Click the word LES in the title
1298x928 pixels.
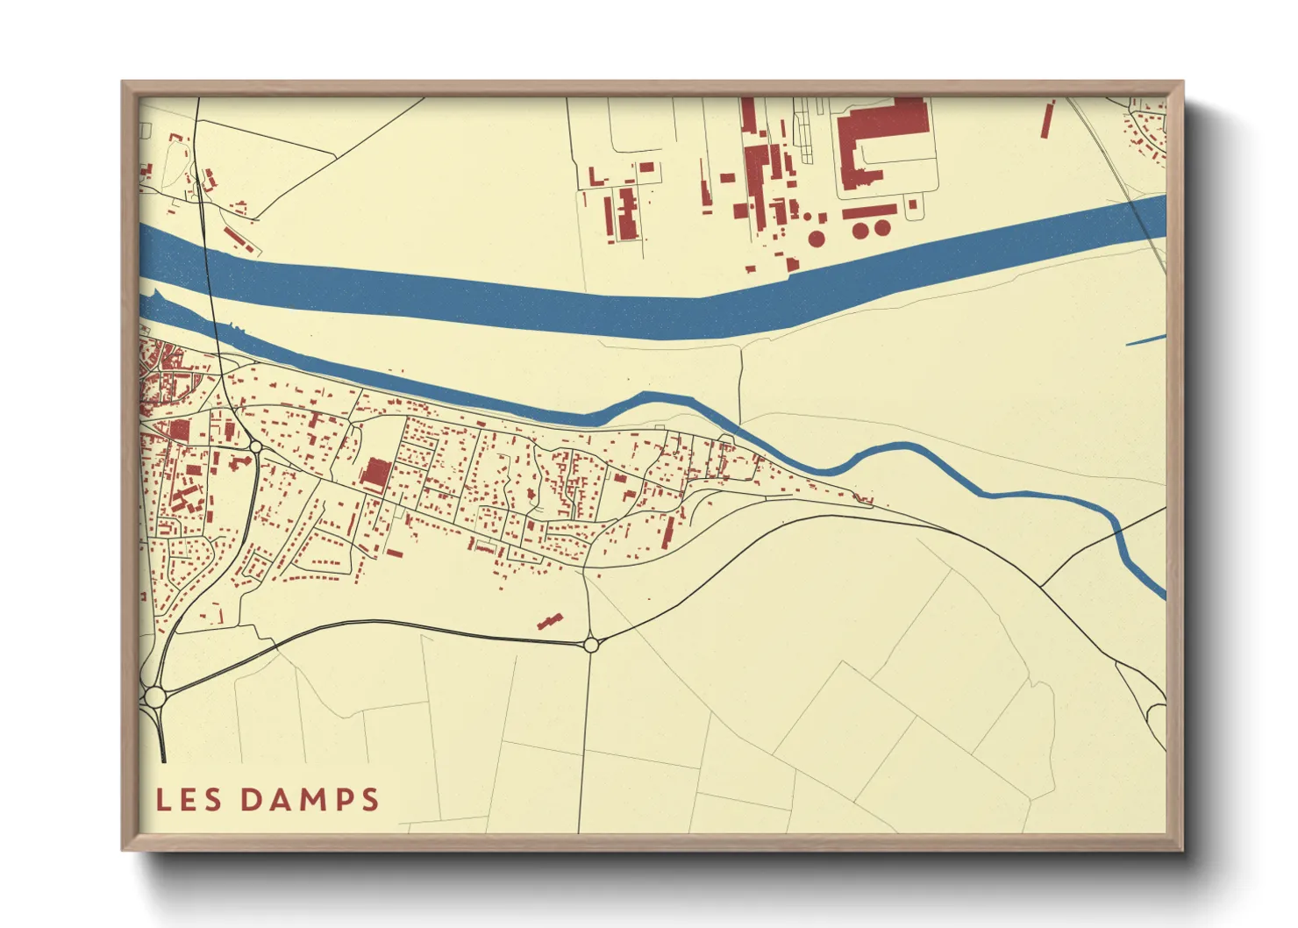(x=189, y=799)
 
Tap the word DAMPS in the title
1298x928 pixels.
(x=310, y=799)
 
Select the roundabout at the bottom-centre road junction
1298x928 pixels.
(x=591, y=645)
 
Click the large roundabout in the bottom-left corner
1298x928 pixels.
(x=156, y=697)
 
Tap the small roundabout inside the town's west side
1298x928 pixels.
(x=255, y=447)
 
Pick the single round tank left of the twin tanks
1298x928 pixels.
(x=817, y=238)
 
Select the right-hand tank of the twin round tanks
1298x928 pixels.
(x=881, y=228)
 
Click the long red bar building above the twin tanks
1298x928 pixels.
(x=869, y=212)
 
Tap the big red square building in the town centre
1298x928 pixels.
(x=376, y=473)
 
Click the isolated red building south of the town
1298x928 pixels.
(x=550, y=621)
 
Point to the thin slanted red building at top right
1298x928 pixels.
(x=1047, y=119)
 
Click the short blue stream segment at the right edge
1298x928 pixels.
(x=1145, y=339)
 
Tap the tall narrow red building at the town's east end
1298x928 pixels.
(x=668, y=532)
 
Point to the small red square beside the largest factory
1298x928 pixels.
(x=913, y=204)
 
